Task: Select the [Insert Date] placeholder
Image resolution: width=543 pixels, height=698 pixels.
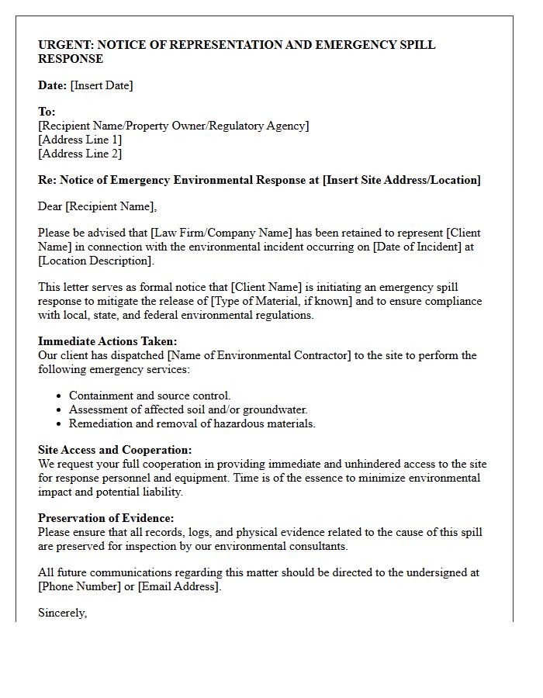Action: [102, 85]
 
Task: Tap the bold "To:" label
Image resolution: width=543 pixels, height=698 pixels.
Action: [47, 112]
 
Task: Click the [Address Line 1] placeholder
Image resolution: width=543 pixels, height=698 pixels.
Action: [80, 140]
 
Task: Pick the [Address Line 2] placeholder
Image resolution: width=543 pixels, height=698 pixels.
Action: [80, 154]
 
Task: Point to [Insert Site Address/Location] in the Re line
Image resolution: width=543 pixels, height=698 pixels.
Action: [402, 180]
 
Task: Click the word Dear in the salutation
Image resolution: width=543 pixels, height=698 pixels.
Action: [50, 206]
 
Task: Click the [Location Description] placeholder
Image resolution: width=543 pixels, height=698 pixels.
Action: [96, 261]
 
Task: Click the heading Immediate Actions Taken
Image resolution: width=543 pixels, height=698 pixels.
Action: [108, 341]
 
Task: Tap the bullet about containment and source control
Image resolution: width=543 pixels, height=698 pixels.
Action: [150, 396]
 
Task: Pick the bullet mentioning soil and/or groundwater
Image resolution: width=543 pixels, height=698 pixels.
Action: [188, 409]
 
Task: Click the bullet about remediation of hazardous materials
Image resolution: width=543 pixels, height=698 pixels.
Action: [192, 423]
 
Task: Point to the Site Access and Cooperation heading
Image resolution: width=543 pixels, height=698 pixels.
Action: [115, 450]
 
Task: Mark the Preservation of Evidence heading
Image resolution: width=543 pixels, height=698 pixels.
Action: [106, 518]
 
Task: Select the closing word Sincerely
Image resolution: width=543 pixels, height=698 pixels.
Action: [62, 613]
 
